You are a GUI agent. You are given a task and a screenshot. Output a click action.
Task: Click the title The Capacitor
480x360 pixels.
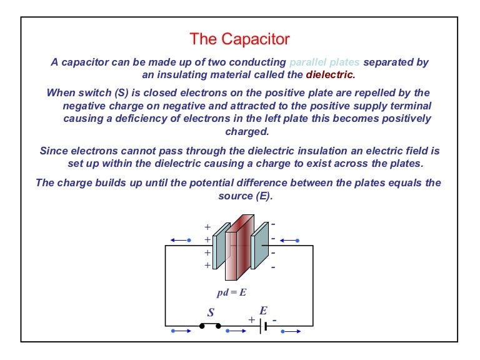pos(240,39)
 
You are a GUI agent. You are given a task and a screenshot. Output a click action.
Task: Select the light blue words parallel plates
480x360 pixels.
pos(324,62)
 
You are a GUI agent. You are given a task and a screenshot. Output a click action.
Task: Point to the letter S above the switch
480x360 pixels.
pos(211,312)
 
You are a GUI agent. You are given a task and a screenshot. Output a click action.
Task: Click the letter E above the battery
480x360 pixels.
pos(263,311)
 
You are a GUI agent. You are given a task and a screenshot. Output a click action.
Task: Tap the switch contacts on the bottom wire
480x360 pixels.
pos(210,326)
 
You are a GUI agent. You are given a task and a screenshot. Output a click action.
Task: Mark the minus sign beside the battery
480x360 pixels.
pos(274,319)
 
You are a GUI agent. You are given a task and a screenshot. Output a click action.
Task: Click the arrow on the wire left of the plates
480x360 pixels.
pos(179,240)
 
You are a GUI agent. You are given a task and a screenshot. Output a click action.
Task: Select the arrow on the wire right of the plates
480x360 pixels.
pos(291,240)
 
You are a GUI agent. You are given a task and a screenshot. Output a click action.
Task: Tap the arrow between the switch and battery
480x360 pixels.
pos(235,331)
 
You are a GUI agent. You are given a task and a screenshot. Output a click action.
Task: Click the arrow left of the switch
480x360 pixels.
pos(179,331)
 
